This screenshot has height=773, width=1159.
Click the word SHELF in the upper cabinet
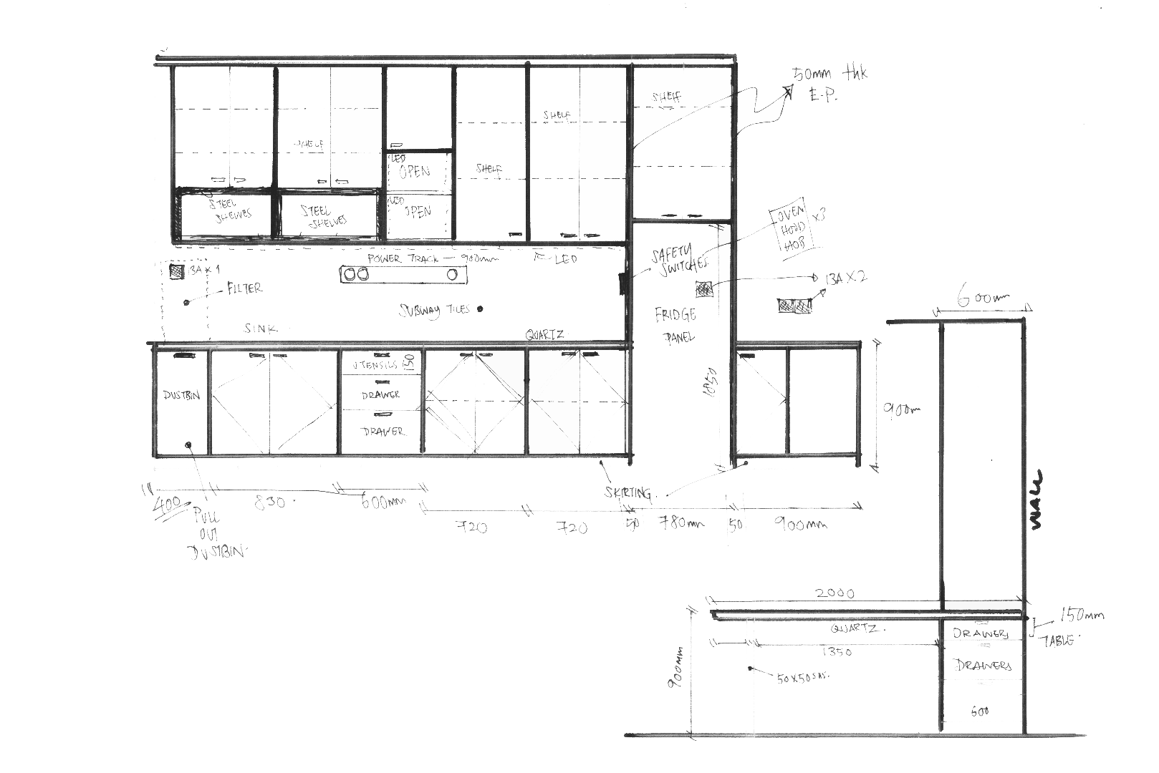tap(665, 97)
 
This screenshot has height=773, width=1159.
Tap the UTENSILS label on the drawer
tap(371, 364)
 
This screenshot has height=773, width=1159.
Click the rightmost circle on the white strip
tap(452, 274)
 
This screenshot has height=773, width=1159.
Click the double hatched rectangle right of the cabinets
tap(795, 306)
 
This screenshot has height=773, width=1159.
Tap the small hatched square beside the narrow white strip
tap(704, 288)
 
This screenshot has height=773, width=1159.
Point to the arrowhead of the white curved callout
tap(789, 89)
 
